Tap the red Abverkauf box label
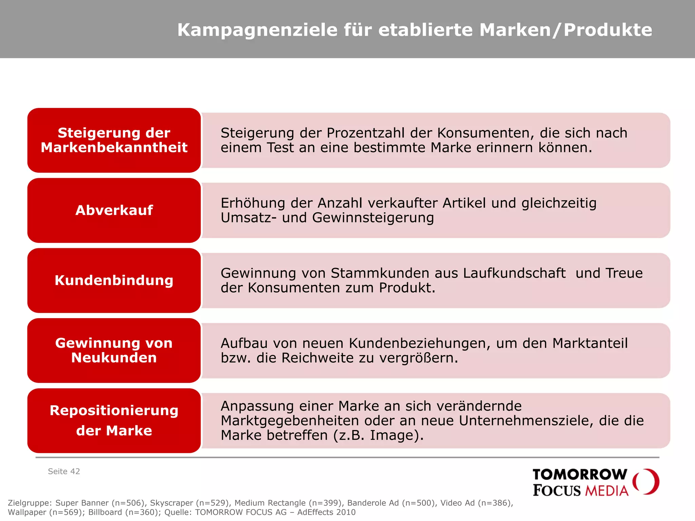tap(114, 210)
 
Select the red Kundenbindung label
tap(114, 281)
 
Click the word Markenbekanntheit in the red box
tap(114, 148)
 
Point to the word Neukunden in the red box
tap(114, 358)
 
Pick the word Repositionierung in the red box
tap(114, 410)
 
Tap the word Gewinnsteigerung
tap(373, 218)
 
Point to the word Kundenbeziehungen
tap(420, 343)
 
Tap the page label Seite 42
tap(64, 471)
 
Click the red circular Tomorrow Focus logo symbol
tap(646, 482)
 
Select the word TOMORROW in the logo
tap(580, 475)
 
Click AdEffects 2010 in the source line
tap(326, 512)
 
